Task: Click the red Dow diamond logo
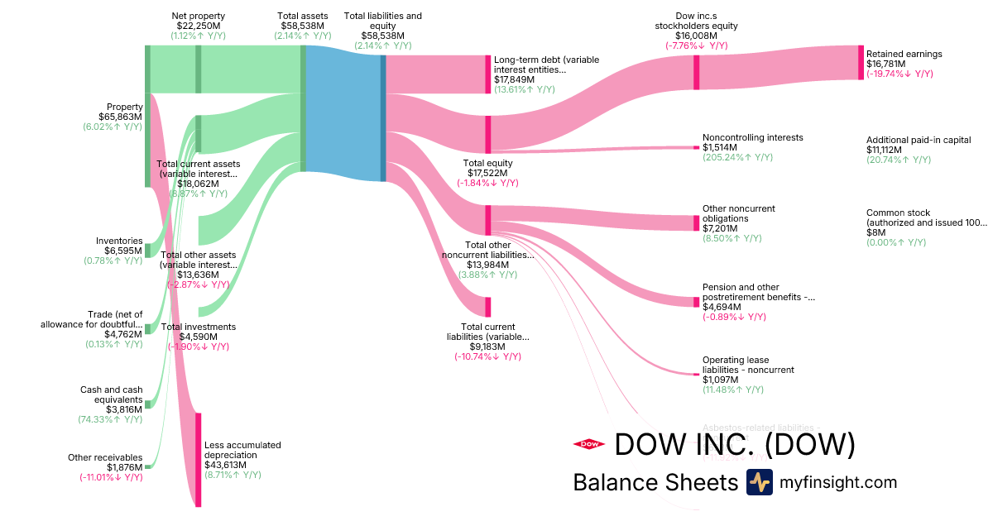point(588,444)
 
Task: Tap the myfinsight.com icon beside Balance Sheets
point(759,482)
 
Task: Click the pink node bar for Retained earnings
point(861,62)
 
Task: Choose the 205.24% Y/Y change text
point(737,157)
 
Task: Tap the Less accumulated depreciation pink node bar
point(199,459)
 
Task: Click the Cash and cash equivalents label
point(111,394)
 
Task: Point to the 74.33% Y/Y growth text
point(113,419)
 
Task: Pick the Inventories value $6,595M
point(119,251)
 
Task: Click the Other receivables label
point(105,457)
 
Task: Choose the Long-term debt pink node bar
point(488,74)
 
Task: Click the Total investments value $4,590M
point(198,337)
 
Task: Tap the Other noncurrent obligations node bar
point(696,223)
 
